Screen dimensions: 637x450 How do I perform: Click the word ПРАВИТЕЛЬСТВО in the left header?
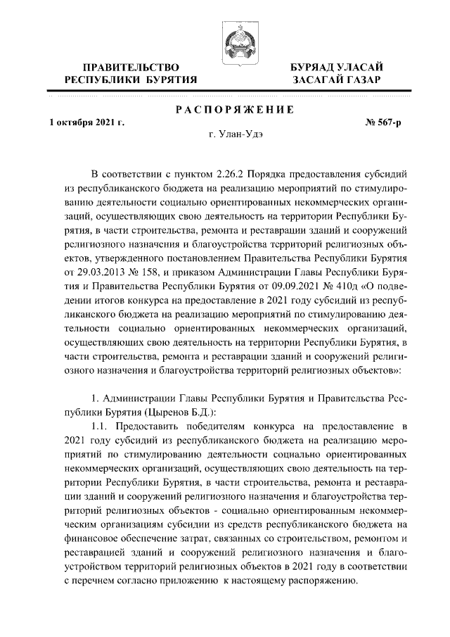[x=130, y=67]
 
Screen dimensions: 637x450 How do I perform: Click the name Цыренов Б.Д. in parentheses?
[x=166, y=413]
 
